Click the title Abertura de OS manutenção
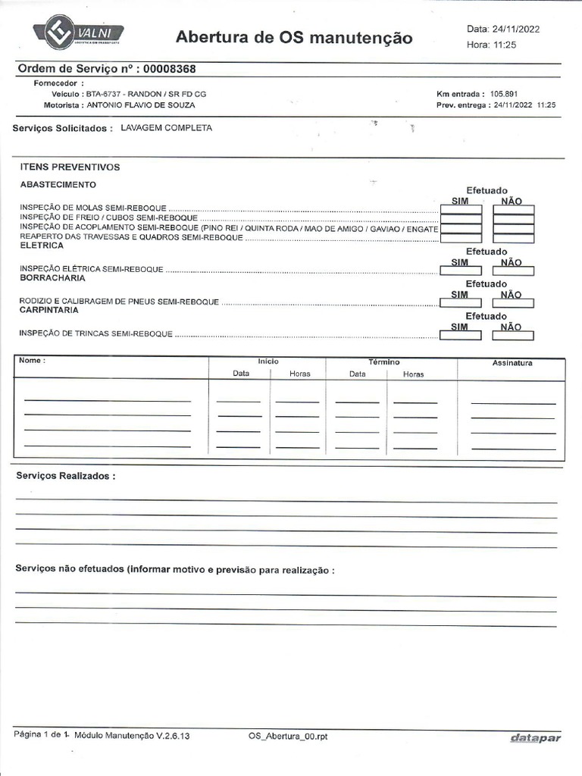click(x=294, y=37)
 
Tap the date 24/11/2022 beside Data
click(x=517, y=29)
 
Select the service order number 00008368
click(x=170, y=69)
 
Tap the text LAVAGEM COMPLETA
click(x=167, y=128)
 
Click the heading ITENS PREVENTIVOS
click(x=70, y=167)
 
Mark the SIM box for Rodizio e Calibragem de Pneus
click(x=461, y=302)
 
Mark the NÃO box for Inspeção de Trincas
click(x=513, y=335)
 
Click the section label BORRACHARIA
click(x=52, y=278)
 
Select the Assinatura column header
click(x=512, y=363)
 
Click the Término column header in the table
click(x=384, y=362)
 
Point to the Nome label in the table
click(x=32, y=361)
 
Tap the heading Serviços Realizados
click(x=67, y=477)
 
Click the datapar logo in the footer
click(x=535, y=738)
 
